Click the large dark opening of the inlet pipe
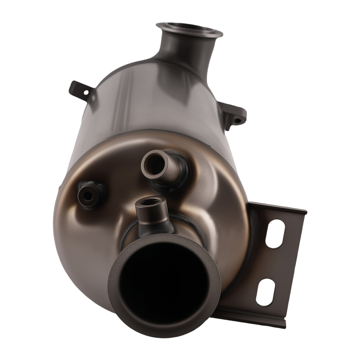(164, 281)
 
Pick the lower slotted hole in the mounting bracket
(265, 292)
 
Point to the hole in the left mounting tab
(86, 93)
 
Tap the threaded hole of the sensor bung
(149, 202)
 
